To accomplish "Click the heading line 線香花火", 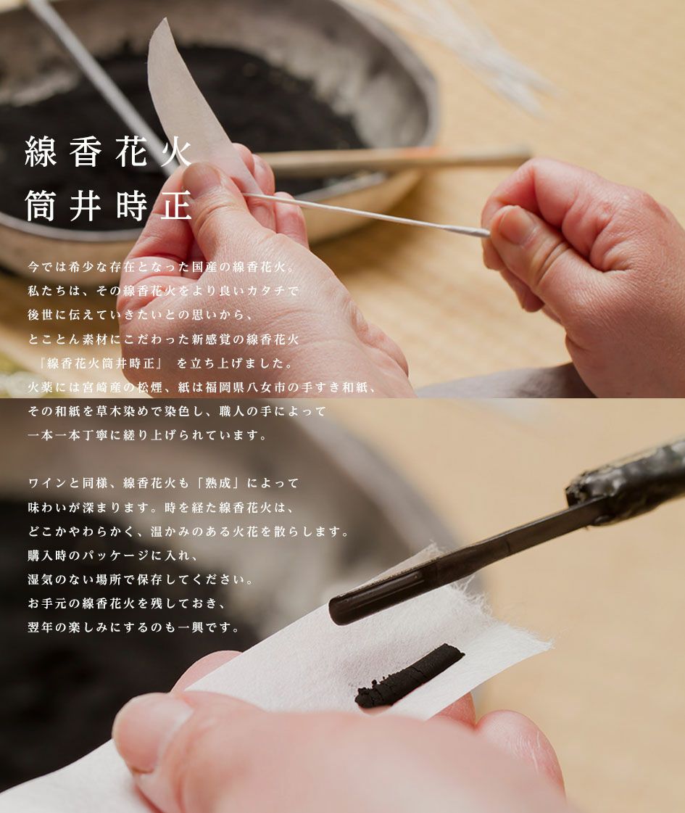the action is click(x=108, y=152).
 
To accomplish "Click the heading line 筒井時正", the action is click(x=108, y=206).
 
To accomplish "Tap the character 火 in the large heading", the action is click(x=176, y=152).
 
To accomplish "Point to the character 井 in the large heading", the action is click(x=85, y=206).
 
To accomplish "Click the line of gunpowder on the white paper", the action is click(x=410, y=676).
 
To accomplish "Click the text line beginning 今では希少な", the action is click(x=161, y=267).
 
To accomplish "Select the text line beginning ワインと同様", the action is click(x=163, y=483).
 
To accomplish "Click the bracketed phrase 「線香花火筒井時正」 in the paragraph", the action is click(x=101, y=363).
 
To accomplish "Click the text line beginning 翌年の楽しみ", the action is click(x=133, y=627).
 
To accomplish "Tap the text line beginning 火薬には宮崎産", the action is click(x=202, y=387).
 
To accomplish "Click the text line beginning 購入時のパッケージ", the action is click(x=113, y=555).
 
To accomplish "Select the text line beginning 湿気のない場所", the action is click(x=141, y=579).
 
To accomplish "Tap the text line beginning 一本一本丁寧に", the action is click(x=147, y=435).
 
